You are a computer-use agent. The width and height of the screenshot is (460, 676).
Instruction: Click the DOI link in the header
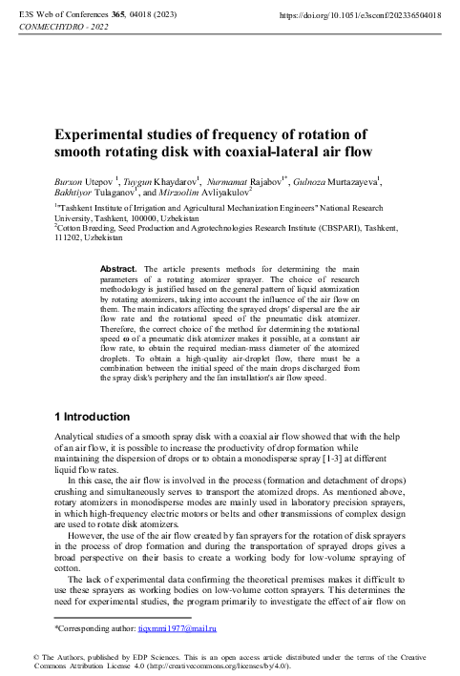click(360, 16)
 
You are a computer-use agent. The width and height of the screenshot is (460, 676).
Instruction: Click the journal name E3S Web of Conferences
click(60, 16)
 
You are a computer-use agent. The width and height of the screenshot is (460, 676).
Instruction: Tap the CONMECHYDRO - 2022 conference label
click(63, 28)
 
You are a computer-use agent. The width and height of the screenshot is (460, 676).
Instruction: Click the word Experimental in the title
click(99, 133)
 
